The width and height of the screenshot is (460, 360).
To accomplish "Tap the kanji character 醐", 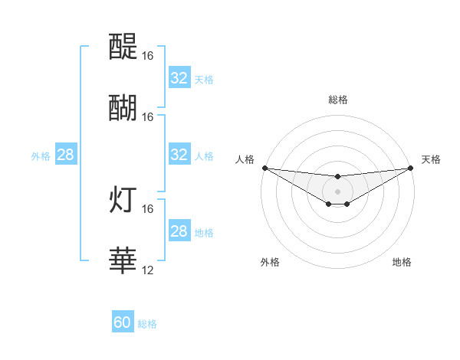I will (x=123, y=108).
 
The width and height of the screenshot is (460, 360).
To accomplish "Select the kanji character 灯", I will (x=123, y=201).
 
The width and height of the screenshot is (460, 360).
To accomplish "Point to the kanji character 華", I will (x=123, y=260).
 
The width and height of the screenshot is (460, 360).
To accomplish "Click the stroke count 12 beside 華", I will (x=148, y=270).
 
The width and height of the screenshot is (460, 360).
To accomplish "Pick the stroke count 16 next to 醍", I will (x=148, y=57).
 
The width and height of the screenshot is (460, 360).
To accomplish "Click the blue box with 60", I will (x=123, y=322).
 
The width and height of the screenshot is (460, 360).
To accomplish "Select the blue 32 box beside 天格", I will (x=179, y=78).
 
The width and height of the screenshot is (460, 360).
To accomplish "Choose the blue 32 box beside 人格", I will (x=179, y=155).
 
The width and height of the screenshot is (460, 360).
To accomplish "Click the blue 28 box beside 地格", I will (x=179, y=231).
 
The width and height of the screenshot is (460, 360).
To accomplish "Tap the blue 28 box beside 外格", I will (x=65, y=155).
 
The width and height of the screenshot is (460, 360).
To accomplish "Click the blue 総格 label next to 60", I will (x=147, y=324).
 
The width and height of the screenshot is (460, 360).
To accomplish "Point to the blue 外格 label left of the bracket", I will (x=41, y=155).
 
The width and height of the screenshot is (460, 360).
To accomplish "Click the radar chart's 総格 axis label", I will (x=338, y=100).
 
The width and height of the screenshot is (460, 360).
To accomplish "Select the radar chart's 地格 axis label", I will (x=402, y=263).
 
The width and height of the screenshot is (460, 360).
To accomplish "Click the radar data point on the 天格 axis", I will (x=411, y=168).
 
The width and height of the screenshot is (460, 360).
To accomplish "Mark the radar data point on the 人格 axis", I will (x=264, y=168).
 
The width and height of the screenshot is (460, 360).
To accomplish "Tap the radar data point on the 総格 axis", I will (x=338, y=177).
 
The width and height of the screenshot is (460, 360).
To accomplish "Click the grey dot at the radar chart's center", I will (x=338, y=191).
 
